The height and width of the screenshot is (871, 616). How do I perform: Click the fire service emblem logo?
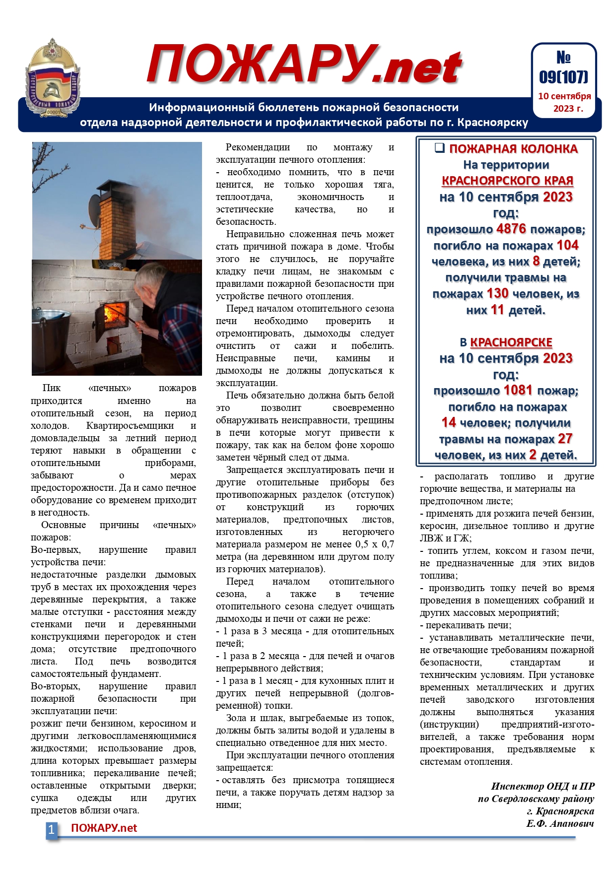(x=53, y=77)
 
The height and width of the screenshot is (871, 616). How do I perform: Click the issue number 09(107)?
(x=563, y=77)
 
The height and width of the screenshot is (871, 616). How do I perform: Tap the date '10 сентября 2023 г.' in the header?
(x=564, y=102)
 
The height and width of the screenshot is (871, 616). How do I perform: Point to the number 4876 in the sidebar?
(x=511, y=229)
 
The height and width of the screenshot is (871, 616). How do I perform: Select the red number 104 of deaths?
(x=567, y=245)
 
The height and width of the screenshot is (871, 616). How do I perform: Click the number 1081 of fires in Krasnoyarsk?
(x=518, y=391)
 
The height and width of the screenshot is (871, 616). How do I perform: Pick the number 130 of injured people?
(x=497, y=294)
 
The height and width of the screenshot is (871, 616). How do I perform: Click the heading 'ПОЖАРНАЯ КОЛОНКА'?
(x=513, y=149)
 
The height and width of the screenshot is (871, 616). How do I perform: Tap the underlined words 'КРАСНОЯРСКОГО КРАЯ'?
(x=507, y=181)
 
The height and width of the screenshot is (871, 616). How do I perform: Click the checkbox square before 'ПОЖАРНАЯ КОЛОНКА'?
(x=439, y=148)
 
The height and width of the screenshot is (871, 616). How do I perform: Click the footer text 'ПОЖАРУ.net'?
(x=104, y=828)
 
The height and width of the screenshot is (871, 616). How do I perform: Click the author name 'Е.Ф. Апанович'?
(x=560, y=824)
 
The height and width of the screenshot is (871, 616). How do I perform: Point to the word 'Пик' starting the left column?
(x=51, y=388)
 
